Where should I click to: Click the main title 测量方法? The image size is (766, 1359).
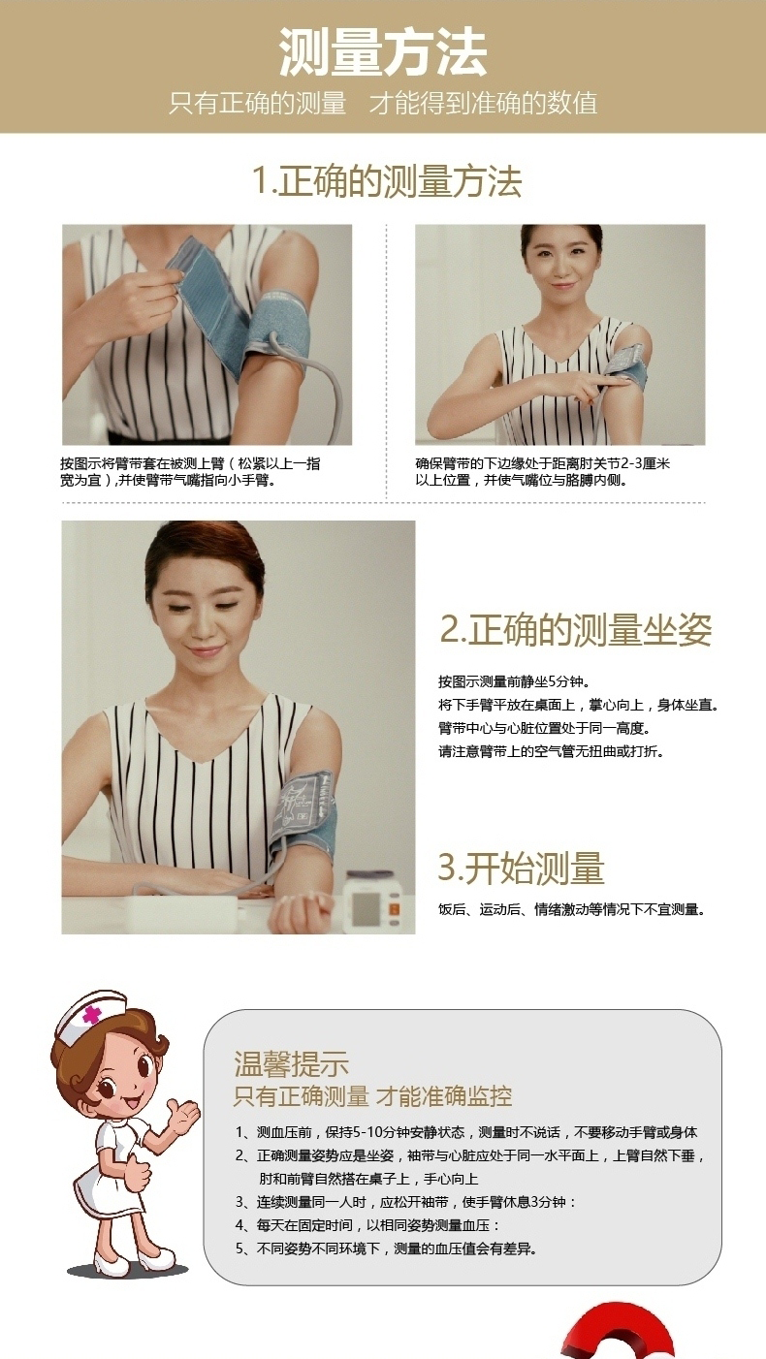point(383,53)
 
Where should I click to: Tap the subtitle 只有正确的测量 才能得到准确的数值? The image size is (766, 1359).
point(383,103)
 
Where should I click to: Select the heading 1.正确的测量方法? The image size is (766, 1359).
point(387,181)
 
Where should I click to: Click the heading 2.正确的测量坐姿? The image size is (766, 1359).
point(575,629)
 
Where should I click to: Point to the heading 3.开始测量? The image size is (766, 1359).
point(522,868)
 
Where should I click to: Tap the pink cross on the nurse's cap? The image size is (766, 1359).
point(92,1014)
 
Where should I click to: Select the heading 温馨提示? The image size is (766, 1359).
point(291,1063)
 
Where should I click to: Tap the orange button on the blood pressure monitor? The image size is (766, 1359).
point(394,909)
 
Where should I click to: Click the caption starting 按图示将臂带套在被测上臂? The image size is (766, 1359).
point(190,472)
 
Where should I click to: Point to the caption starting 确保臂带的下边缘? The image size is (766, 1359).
point(543,472)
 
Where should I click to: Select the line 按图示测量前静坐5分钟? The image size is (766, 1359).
point(514,681)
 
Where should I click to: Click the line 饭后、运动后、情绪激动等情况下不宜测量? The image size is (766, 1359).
point(572,909)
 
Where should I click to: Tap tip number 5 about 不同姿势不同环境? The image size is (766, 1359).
point(386,1248)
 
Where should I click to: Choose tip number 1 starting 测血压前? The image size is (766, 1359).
point(466,1132)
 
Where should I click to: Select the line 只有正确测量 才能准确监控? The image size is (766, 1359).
point(372,1096)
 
